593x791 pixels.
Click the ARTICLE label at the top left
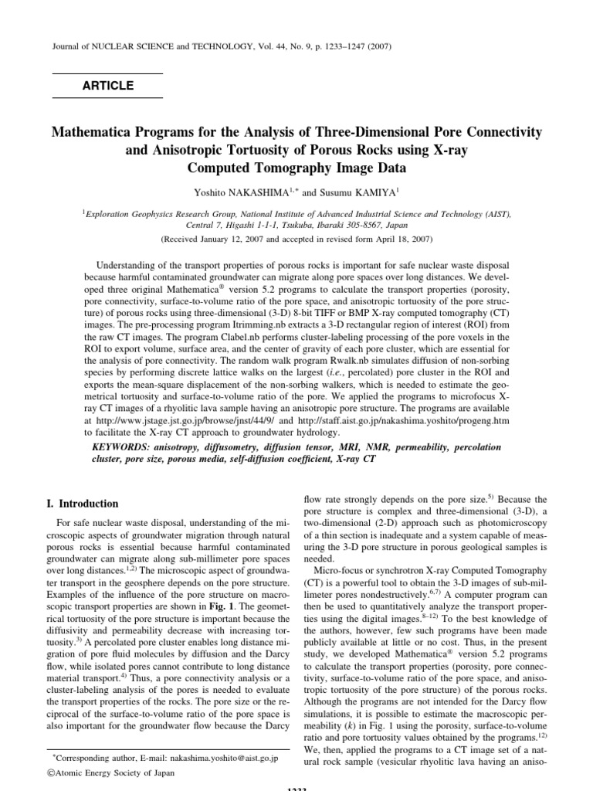[107, 86]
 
